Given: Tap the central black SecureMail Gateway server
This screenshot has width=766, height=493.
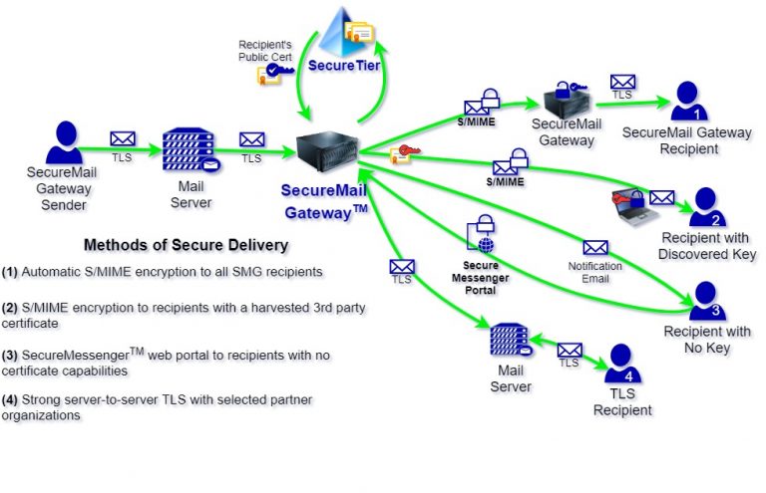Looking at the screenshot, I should pyautogui.click(x=326, y=150).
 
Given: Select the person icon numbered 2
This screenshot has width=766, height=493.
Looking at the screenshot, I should pyautogui.click(x=704, y=207).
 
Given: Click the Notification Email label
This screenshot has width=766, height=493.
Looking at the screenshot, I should pyautogui.click(x=594, y=272).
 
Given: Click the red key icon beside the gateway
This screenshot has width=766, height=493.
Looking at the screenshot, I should pyautogui.click(x=405, y=151).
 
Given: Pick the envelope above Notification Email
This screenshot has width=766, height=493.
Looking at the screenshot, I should pyautogui.click(x=595, y=248).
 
